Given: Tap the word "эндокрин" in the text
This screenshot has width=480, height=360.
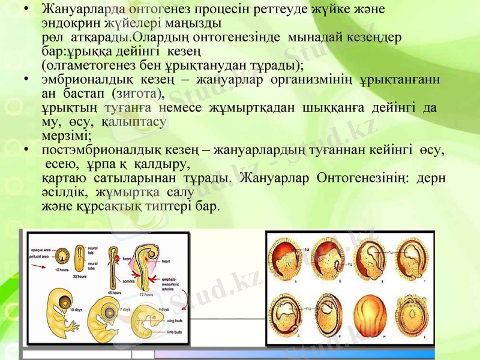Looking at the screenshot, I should pos(68,23).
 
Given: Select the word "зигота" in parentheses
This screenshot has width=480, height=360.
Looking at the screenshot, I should pos(141,93).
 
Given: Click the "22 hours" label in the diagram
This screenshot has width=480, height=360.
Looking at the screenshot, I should pos(80,275).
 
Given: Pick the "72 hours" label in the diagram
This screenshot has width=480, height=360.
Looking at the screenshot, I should pos(146,293).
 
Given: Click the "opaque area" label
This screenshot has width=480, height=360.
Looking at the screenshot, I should pos(40,248).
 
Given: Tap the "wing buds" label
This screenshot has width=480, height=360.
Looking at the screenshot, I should pos(175,322).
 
